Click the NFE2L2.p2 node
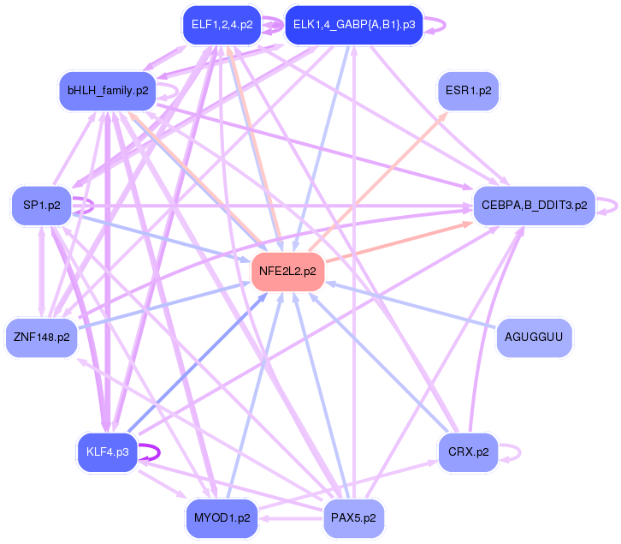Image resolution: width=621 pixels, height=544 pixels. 286,272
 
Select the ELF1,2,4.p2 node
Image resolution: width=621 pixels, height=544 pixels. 222,25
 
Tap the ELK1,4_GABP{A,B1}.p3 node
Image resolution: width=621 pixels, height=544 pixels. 353,25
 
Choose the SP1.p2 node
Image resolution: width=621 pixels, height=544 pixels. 41,206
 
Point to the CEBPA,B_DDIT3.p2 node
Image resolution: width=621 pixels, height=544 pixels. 534,206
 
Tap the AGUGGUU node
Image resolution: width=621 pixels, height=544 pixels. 534,337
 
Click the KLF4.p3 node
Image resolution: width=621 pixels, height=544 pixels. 107,452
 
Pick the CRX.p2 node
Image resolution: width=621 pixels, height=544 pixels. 468,451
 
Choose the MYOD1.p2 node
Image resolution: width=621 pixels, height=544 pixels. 222,518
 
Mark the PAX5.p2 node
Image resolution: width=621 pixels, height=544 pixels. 353,518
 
